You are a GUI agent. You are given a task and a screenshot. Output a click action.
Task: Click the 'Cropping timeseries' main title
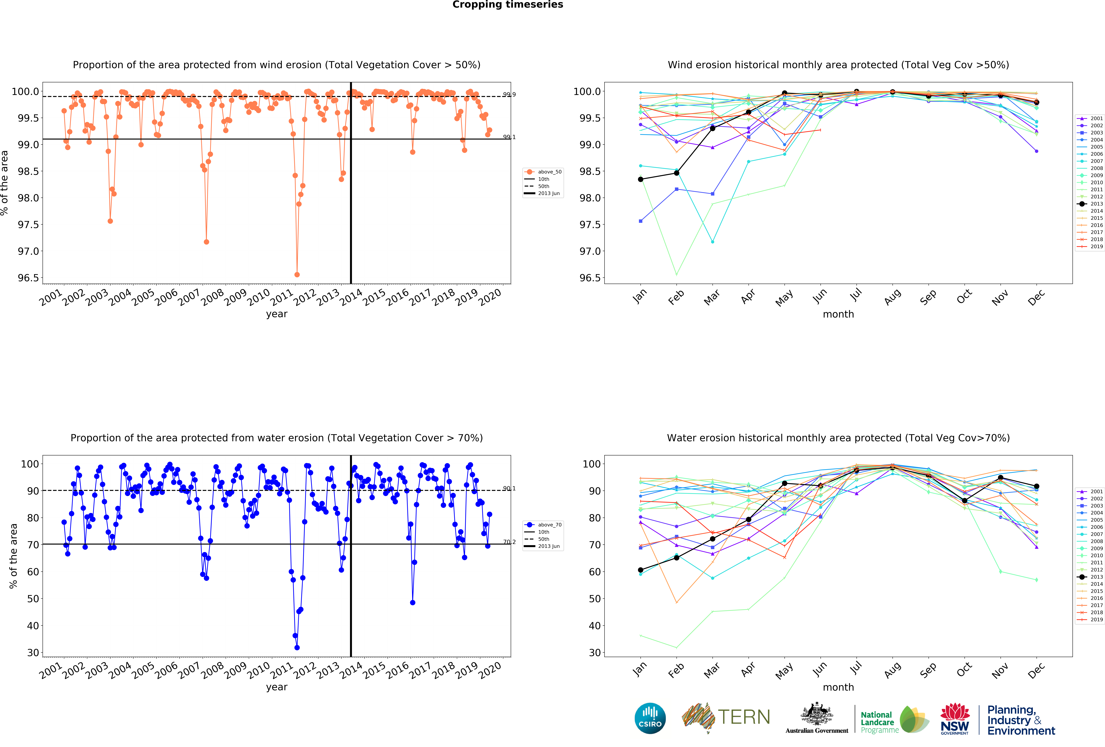click(x=507, y=5)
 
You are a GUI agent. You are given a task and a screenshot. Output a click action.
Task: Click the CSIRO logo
click(x=650, y=718)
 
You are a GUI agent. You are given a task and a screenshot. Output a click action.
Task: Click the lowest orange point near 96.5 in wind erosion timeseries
click(x=297, y=274)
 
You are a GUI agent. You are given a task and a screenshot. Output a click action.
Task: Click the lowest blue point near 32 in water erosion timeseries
click(x=297, y=648)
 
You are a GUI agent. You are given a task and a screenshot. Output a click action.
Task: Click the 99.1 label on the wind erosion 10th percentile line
click(x=509, y=137)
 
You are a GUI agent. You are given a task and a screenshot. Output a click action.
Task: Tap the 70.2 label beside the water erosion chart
click(x=509, y=542)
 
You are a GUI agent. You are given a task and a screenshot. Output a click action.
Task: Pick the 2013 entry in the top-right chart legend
click(x=1090, y=204)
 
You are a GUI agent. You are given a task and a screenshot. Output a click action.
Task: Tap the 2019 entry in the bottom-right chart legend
click(x=1090, y=620)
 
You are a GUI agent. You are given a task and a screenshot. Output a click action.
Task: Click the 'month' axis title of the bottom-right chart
click(x=838, y=687)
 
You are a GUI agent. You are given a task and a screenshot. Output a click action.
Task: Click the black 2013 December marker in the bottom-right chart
click(x=1037, y=486)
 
